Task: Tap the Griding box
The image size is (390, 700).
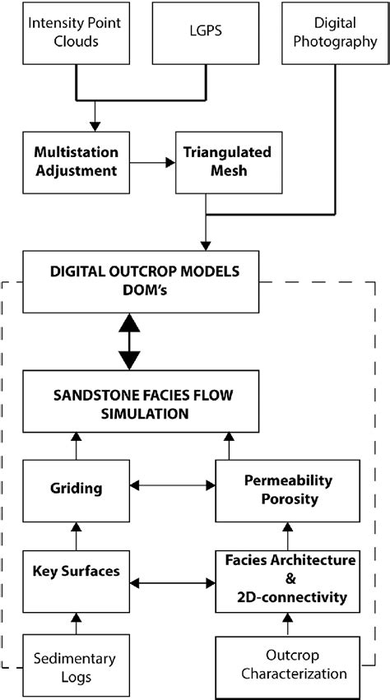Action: (75, 488)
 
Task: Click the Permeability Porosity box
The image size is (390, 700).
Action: (288, 488)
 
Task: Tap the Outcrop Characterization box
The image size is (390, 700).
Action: (288, 667)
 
